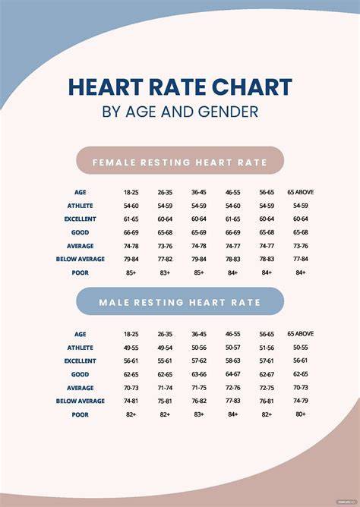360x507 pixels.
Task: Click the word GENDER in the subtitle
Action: pos(228,112)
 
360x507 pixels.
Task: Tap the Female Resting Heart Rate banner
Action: pos(180,160)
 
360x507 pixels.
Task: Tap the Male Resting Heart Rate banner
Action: pos(180,301)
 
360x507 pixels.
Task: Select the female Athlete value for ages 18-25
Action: pos(131,206)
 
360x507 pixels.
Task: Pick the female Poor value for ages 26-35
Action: pos(165,273)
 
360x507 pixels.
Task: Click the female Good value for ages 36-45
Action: pos(198,232)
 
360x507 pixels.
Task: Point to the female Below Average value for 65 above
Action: pos(301,259)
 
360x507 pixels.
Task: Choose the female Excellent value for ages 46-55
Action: pos(233,219)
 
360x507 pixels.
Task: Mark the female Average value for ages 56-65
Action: pos(267,246)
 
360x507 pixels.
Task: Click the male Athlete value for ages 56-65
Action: pos(267,348)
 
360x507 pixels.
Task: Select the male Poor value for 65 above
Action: pos(301,414)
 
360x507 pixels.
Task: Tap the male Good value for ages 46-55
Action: pos(233,374)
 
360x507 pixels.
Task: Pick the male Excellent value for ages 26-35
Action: pos(165,361)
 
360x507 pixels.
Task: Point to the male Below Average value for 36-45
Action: pos(198,401)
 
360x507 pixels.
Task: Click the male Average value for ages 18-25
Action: pos(131,388)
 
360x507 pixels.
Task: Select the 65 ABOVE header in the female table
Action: pos(301,192)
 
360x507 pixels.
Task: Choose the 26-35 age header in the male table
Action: pos(165,334)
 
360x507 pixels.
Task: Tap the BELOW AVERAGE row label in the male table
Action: pos(81,401)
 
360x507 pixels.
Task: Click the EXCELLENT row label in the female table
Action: pos(81,219)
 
